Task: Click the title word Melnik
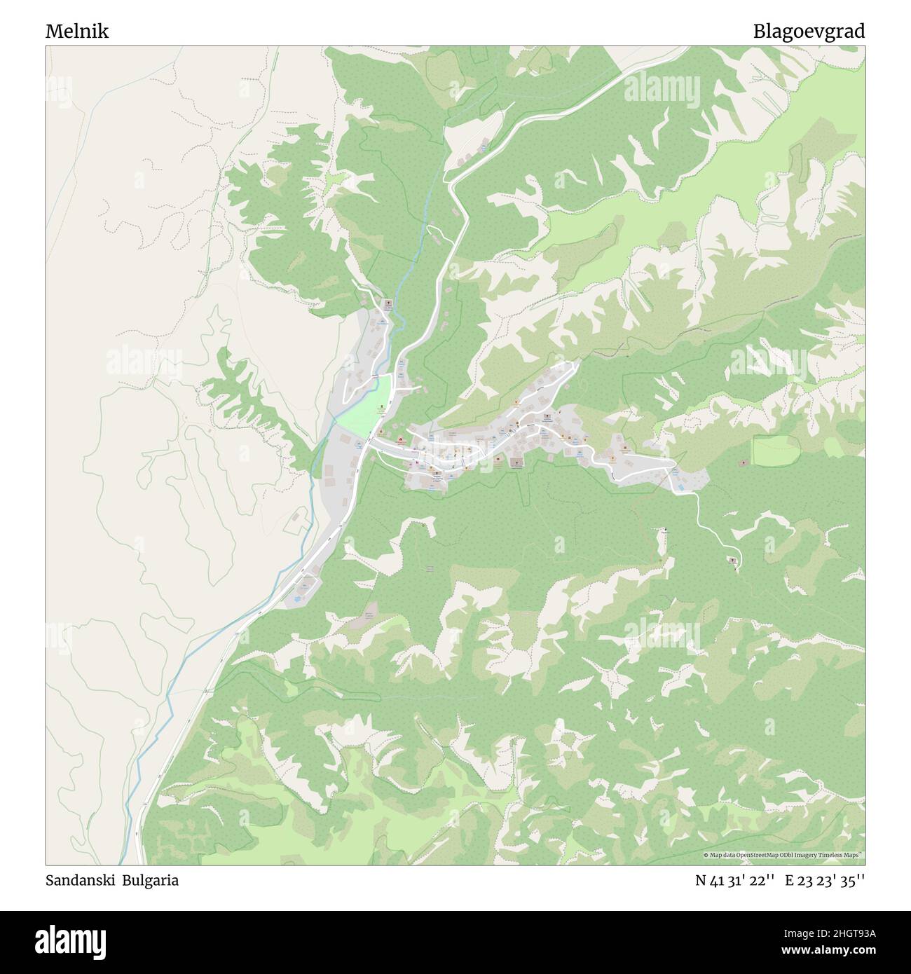pyautogui.click(x=77, y=32)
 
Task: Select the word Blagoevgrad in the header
pyautogui.click(x=809, y=32)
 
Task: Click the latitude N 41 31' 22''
pyautogui.click(x=734, y=881)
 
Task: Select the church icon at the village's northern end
pyautogui.click(x=388, y=303)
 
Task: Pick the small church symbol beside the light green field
pyautogui.click(x=744, y=463)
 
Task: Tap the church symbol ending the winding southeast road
pyautogui.click(x=734, y=561)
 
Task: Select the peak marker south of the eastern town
pyautogui.click(x=665, y=529)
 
